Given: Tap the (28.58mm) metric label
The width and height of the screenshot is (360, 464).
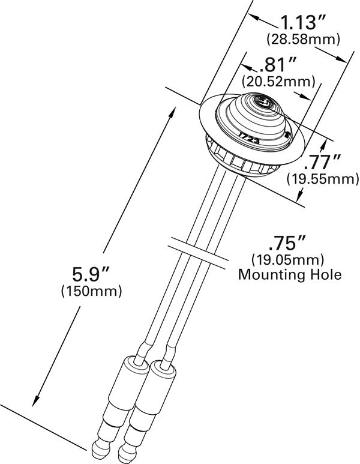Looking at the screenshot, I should pyautogui.click(x=304, y=40).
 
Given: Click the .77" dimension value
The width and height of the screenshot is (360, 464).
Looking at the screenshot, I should pyautogui.click(x=322, y=161).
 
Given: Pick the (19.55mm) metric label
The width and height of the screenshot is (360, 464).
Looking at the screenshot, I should pyautogui.click(x=322, y=178).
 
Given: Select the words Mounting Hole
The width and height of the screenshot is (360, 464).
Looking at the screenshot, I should pyautogui.click(x=290, y=275).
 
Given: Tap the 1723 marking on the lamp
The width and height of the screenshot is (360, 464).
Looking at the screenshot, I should pyautogui.click(x=247, y=136).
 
